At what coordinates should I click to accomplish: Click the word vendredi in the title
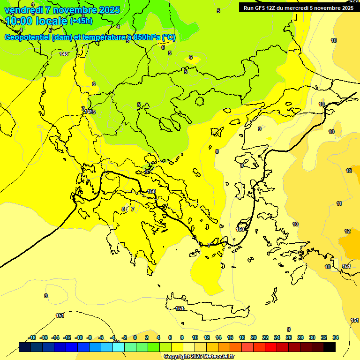pos(24,10)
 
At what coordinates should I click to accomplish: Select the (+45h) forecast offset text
pos(81,21)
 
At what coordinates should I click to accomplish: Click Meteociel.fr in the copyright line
pos(217,357)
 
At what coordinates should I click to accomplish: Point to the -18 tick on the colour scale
pos(32,337)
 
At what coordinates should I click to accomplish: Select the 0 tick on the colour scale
pos(135,337)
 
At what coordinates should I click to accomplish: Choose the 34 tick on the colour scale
pos(335,337)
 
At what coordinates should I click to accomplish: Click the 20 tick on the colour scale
pos(254,337)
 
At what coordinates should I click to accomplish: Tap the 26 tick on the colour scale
pos(289,337)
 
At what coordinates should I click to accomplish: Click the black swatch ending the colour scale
pos(330,347)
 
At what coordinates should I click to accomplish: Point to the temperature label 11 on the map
pos(339,203)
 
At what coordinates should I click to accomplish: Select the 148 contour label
pos(64,54)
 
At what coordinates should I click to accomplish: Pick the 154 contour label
pos(346,266)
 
